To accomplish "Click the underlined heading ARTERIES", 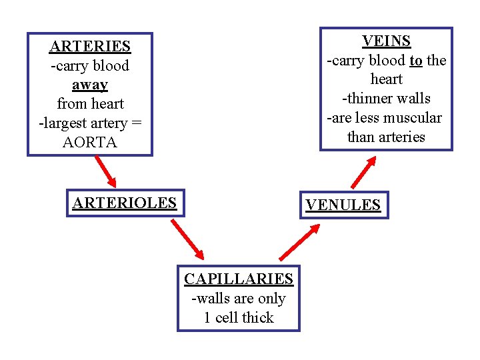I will (90, 47).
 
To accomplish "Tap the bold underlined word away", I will (90, 85).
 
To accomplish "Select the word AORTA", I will (90, 143).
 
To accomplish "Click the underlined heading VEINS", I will (386, 41).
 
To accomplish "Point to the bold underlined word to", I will (416, 61).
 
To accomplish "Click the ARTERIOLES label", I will (124, 203).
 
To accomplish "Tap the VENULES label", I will (343, 205).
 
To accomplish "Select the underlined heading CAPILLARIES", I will (239, 279).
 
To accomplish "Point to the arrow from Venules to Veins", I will (363, 171).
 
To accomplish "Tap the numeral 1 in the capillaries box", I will (207, 318).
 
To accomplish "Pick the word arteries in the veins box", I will (400, 137).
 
